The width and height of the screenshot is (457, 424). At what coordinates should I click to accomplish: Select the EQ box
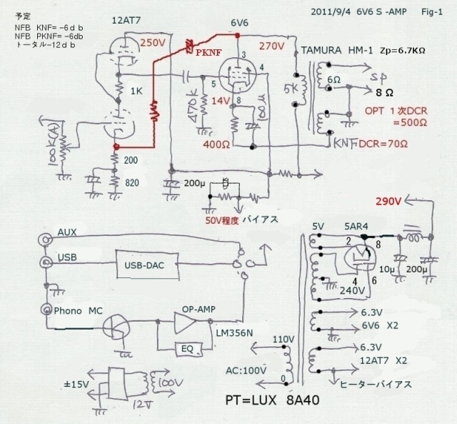pyautogui.click(x=189, y=348)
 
